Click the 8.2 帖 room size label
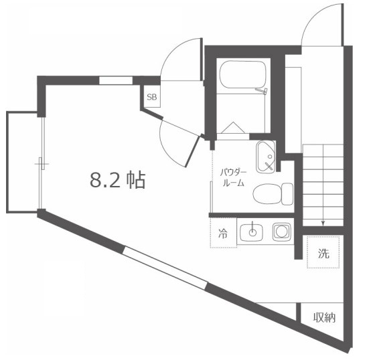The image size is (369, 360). point(118,179)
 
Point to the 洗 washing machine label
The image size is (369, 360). point(324,254)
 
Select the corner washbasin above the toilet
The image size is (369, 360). point(267,155)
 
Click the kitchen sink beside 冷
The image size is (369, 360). point(253,233)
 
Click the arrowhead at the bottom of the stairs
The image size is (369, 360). point(323,223)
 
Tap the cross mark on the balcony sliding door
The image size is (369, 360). point(42,163)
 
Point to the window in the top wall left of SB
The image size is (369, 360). point(116,80)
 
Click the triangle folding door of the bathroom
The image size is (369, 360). point(234,127)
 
